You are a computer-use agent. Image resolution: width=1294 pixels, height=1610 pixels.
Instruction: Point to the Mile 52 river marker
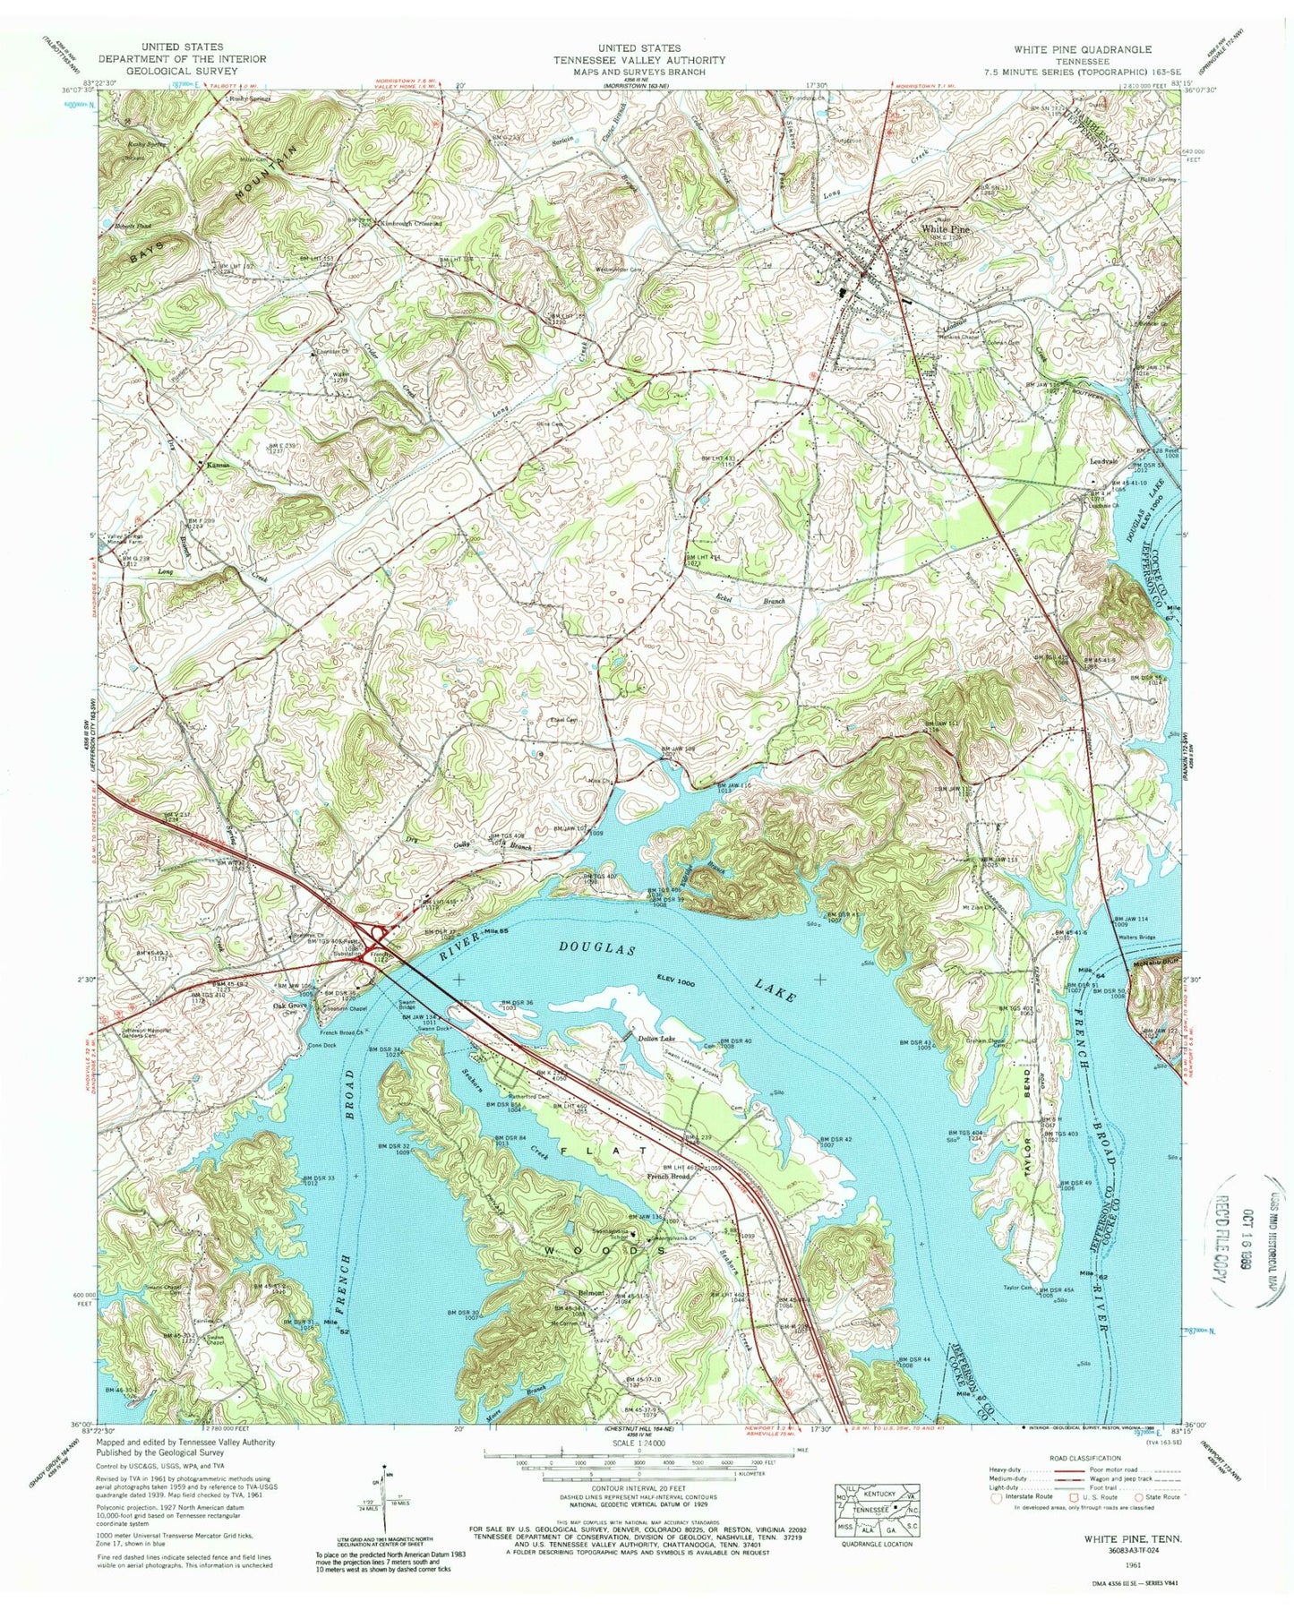coord(333,1322)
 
